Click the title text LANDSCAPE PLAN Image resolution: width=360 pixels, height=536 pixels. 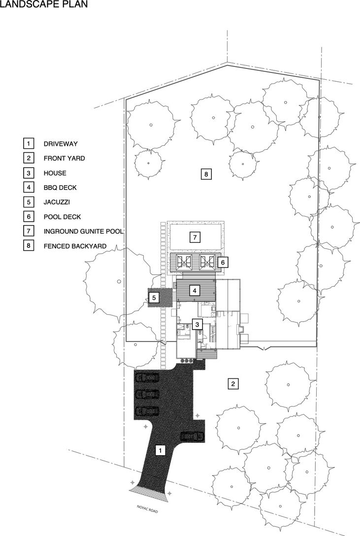tap(44, 4)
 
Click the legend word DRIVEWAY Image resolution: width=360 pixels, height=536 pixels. tap(61, 144)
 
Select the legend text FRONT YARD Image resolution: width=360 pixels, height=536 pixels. tap(64, 158)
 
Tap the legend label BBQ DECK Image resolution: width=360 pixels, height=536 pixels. tap(60, 188)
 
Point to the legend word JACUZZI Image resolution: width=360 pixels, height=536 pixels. tap(57, 202)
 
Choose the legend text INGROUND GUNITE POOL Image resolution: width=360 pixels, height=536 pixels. tap(83, 232)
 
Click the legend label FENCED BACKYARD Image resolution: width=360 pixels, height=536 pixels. tap(75, 246)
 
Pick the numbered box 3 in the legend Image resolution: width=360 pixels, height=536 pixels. tap(29, 173)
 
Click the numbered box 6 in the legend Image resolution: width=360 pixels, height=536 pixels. tap(29, 217)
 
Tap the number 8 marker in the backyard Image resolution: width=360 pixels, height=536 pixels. tap(206, 174)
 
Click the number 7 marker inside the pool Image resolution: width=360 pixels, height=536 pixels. tap(195, 237)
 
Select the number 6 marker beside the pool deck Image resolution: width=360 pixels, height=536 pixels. tap(223, 263)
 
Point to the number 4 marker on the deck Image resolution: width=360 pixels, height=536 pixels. tap(195, 291)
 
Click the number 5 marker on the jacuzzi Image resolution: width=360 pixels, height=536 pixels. tap(154, 298)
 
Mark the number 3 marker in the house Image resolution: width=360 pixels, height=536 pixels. tap(197, 324)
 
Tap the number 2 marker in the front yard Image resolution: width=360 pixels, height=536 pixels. tap(233, 384)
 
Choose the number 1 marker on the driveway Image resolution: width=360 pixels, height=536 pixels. tap(160, 451)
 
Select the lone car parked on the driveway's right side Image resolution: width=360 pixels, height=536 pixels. tap(191, 436)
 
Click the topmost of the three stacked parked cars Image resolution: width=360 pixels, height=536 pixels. tap(148, 378)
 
